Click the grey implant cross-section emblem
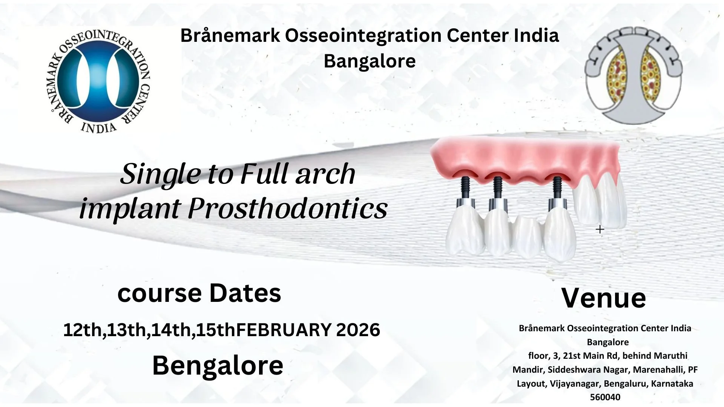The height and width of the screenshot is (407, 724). click(x=633, y=75)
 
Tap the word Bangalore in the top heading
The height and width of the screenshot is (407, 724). click(x=370, y=61)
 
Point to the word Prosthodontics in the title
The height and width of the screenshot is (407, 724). click(x=287, y=208)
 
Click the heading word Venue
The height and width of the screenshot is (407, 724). click(x=603, y=298)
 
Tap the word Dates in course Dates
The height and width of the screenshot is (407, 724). click(x=245, y=293)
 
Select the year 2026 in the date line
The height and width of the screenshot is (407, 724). click(x=358, y=330)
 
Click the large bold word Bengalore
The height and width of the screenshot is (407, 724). click(x=218, y=366)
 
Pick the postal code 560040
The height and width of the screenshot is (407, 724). click(x=605, y=397)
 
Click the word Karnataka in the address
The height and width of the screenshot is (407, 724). click(x=672, y=384)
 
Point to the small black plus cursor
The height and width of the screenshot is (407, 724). click(x=600, y=229)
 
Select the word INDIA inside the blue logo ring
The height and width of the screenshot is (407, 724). click(x=99, y=127)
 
